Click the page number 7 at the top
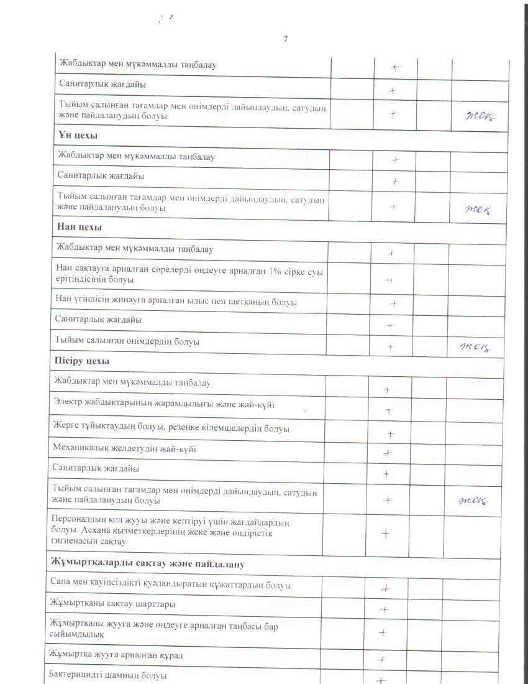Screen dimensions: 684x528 pos(285,39)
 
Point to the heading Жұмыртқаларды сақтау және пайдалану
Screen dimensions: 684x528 pos(147,564)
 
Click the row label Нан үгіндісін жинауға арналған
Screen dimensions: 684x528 pos(176,302)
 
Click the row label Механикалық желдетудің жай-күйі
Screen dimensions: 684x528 pos(124,449)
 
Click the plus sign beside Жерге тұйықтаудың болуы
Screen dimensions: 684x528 pos(391,434)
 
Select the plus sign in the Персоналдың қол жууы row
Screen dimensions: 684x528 pos(385,534)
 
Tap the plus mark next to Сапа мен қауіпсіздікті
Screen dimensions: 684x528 pos(385,588)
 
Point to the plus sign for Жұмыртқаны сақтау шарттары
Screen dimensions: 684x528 pos(384,610)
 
